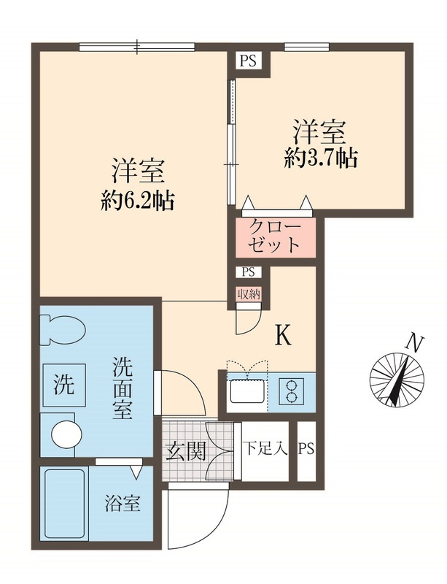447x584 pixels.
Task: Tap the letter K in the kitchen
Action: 283,335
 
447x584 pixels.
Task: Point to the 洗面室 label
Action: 122,387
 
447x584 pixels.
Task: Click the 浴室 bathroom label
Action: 122,504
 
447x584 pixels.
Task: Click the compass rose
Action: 396,378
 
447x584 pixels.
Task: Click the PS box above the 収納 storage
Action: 246,272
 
